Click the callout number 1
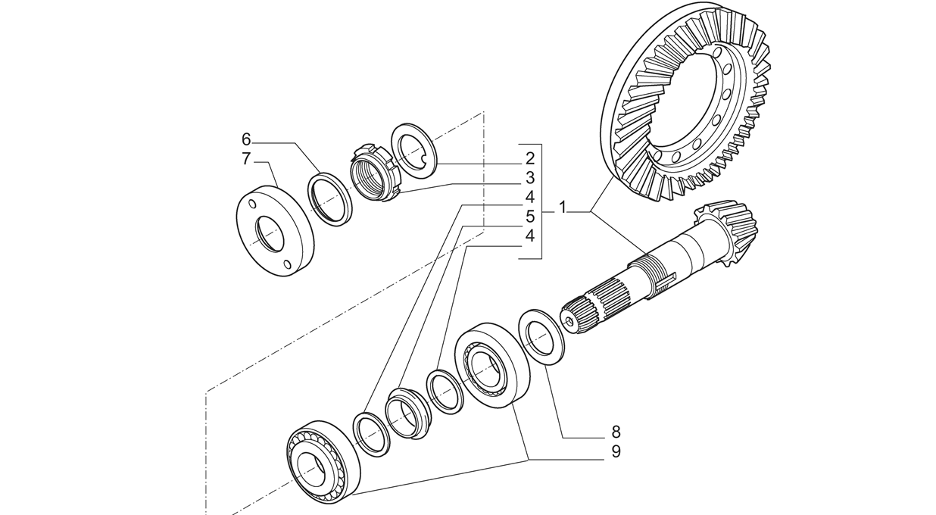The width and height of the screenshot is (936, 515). [563, 208]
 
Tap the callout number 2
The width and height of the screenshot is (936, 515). [530, 159]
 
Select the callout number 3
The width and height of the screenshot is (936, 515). [530, 178]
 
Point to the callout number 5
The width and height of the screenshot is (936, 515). [530, 217]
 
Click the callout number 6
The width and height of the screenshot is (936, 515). [247, 139]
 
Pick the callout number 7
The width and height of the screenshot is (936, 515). [246, 159]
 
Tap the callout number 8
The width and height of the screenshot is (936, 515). [616, 432]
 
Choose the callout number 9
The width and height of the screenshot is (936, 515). [616, 451]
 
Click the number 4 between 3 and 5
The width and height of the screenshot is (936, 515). [530, 197]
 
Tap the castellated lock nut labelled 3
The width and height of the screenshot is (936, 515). [374, 172]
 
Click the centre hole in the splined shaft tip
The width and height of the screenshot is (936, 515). [570, 321]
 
